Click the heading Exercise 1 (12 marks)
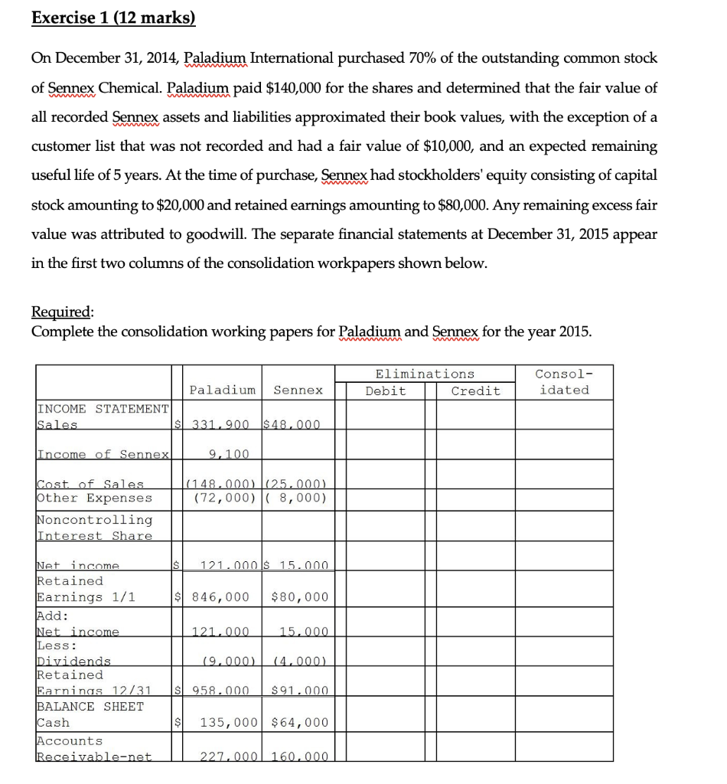[113, 16]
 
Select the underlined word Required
[62, 312]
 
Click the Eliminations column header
[425, 374]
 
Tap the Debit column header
[386, 391]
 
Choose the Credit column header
[475, 391]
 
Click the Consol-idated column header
[564, 382]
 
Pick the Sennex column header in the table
[298, 390]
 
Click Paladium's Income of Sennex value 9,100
[228, 455]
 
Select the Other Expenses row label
[94, 498]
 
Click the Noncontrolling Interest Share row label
[94, 528]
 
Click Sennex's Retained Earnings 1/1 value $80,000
[299, 597]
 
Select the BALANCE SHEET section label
[90, 707]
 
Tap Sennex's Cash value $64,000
[299, 723]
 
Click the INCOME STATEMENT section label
[103, 409]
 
